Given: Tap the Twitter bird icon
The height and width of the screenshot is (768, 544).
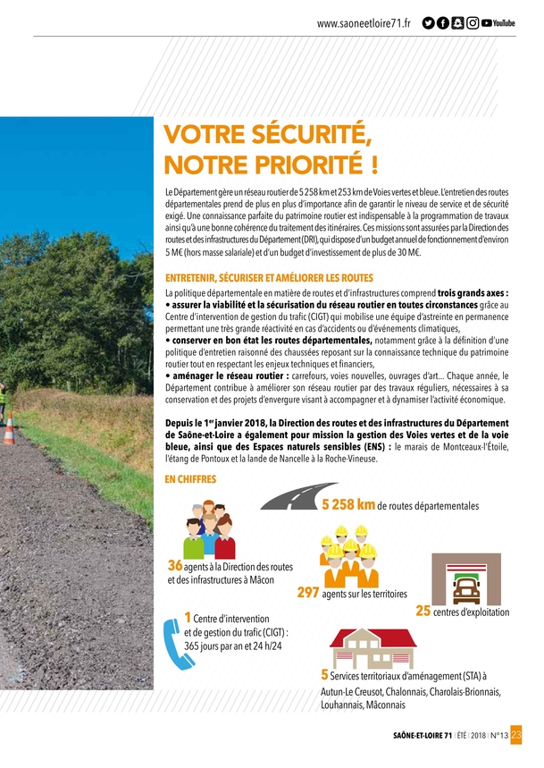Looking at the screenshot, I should pos(429,22).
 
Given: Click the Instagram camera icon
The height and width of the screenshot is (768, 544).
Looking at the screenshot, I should pos(473,22).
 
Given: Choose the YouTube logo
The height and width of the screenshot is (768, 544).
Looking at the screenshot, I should pos(498,22).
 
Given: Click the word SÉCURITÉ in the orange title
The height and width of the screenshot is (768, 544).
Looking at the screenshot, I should pos(299,136).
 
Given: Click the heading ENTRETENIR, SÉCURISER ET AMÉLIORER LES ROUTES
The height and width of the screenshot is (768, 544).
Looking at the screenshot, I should pos(269,278).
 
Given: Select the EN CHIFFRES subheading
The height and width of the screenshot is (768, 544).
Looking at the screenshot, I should pos(190,480).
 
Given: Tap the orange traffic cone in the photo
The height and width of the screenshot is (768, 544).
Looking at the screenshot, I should pos(8,430).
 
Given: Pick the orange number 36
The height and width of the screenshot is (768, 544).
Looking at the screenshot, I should pos(175,566).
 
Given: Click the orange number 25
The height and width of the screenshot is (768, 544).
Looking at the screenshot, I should pos(423,612).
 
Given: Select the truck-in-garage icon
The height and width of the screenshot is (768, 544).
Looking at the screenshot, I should pos(465,580).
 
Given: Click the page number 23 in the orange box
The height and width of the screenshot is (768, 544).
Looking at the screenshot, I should pos(515,736).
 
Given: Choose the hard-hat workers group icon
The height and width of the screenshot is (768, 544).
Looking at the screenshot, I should pos(349,553).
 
